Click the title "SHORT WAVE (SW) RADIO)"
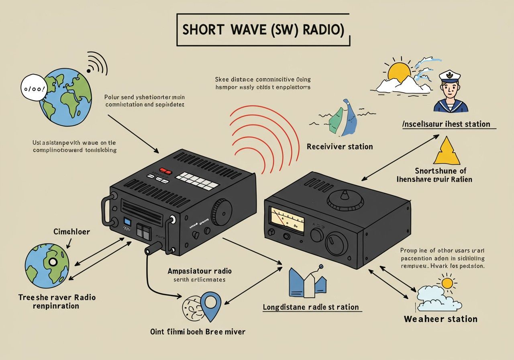coord(263,31)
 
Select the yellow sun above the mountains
coord(400,73)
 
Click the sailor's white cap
coord(449,76)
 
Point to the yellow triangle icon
coord(447,151)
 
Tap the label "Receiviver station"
coord(340,147)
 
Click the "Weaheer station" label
coord(441,319)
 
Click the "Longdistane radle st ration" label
coord(311,307)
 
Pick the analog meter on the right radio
coord(287,219)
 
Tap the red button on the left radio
coord(166,170)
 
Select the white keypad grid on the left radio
coord(198,181)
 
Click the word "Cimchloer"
coord(72,232)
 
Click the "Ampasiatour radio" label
coord(200,271)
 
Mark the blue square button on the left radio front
coord(127,222)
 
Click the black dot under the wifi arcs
coord(89,71)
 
